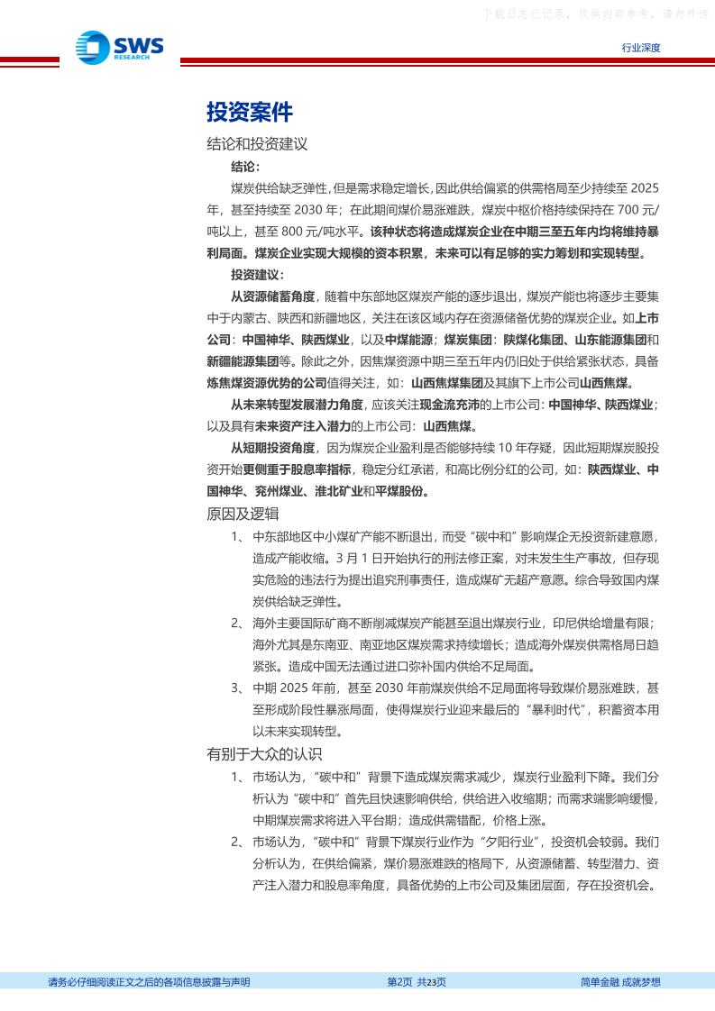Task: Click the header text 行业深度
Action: [x=641, y=49]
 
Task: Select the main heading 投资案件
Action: [x=250, y=112]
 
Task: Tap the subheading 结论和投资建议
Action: [x=257, y=143]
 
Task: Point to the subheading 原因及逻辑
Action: [x=243, y=514]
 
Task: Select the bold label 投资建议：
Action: [x=257, y=275]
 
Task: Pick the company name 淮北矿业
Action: [x=339, y=492]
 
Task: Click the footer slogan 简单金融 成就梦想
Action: [x=620, y=982]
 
